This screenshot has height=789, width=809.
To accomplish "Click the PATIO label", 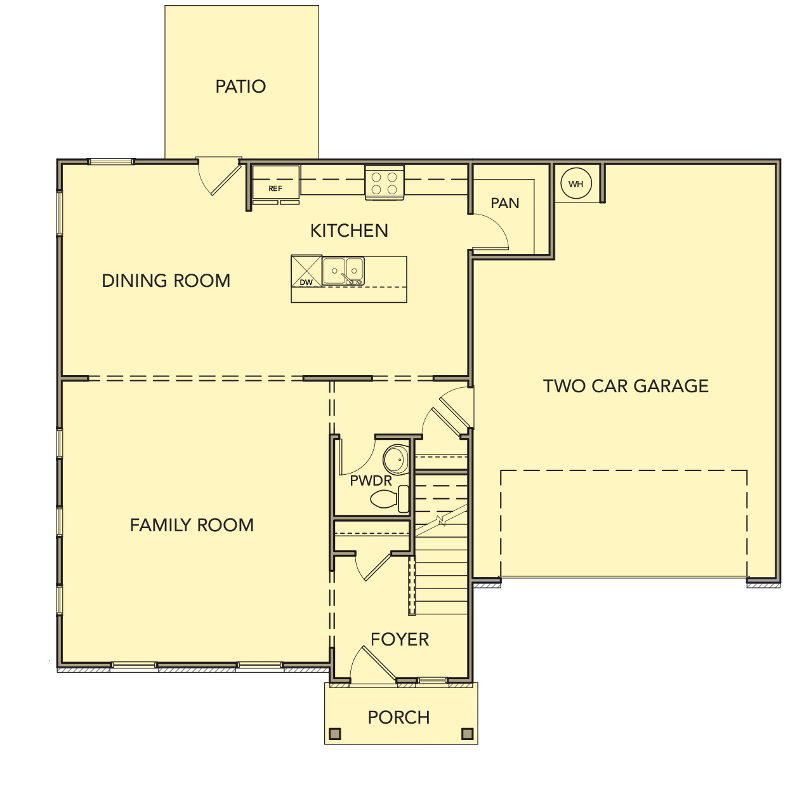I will [x=240, y=86].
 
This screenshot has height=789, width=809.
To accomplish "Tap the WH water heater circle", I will [x=576, y=184].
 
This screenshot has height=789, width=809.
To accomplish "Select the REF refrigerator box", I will [x=275, y=183].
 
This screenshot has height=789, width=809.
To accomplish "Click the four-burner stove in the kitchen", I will [x=384, y=183].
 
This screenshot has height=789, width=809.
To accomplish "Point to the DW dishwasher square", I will [x=306, y=272].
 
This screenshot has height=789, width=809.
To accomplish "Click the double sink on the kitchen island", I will [x=343, y=271].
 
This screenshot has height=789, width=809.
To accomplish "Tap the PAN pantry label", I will [x=505, y=203].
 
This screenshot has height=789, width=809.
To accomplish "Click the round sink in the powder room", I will [x=396, y=460].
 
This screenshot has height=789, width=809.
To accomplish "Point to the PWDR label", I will [x=371, y=481].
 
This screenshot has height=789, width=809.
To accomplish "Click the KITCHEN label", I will [x=349, y=230].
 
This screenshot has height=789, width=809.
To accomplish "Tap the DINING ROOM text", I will [x=166, y=281].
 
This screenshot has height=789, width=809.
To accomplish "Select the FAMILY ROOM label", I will [x=192, y=525].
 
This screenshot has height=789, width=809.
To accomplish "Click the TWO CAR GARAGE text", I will [x=626, y=386].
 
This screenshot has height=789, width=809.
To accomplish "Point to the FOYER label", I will [x=400, y=639].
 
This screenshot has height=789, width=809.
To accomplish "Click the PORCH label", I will [x=398, y=717].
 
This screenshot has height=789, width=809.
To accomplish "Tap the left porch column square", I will [x=335, y=734].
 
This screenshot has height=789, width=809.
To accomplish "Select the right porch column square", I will [x=468, y=734].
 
